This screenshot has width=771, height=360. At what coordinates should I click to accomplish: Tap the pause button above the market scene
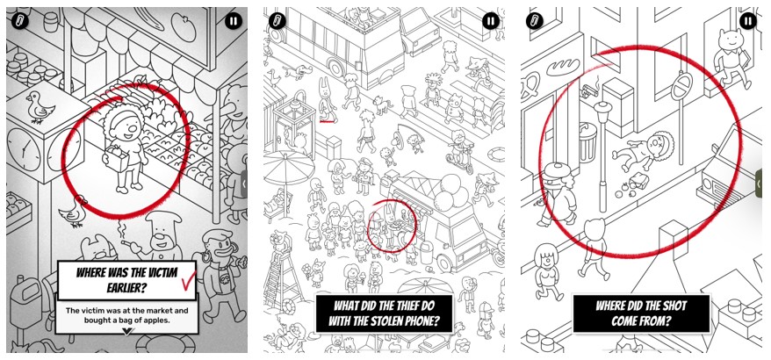click(234, 21)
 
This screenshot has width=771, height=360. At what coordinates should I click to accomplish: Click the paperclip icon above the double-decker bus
click(277, 21)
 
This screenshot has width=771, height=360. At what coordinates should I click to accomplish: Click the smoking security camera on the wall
click(589, 90)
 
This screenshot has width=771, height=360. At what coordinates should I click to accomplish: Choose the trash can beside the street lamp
click(588, 141)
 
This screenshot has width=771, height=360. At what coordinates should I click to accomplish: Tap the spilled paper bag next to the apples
click(639, 183)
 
